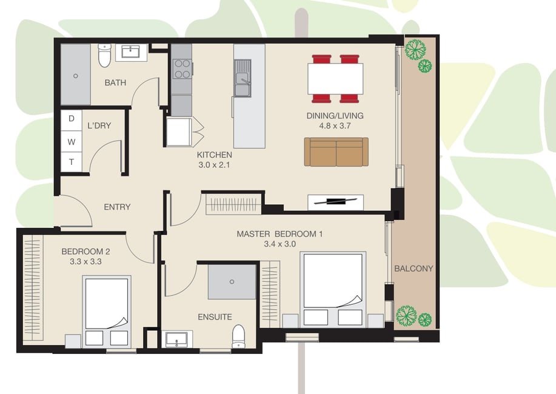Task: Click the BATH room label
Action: point(115,82)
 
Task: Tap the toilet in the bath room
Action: point(104,55)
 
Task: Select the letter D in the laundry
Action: point(72,119)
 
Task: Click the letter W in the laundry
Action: point(72,142)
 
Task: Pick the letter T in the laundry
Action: point(72,162)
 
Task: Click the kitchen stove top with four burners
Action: point(182,68)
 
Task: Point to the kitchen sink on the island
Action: point(243,78)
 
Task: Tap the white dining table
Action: point(335,79)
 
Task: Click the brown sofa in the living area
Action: point(336,152)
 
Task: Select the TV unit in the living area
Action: point(335,202)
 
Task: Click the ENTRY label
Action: point(117,207)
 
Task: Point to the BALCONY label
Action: point(414,269)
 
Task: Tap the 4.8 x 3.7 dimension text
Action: point(335,125)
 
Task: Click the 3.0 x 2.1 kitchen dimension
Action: point(214,165)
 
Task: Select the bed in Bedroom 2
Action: point(107,312)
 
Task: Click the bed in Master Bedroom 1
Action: point(333,289)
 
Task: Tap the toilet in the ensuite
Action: point(238,336)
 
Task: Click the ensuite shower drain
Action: point(232,282)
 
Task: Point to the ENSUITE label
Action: point(215,316)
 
